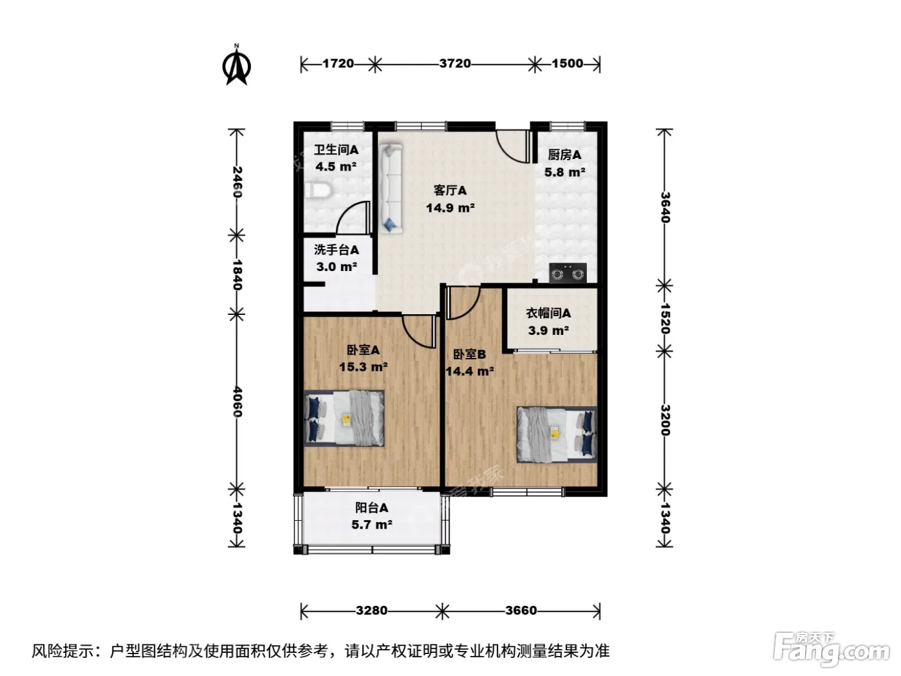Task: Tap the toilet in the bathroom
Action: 319,191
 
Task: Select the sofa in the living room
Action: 390,189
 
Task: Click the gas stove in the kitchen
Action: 568,272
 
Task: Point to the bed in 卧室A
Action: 344,418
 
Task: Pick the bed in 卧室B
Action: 557,434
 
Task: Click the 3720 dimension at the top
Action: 455,64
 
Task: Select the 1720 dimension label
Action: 339,64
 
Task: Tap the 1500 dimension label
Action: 567,64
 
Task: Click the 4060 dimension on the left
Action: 237,401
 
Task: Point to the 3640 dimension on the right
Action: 665,208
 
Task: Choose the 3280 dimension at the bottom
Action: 371,611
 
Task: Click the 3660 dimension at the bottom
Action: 521,611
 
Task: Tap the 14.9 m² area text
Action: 450,208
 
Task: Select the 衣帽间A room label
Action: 548,314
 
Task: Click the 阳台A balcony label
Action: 371,508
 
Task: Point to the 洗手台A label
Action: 337,250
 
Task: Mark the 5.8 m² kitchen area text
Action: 565,172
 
